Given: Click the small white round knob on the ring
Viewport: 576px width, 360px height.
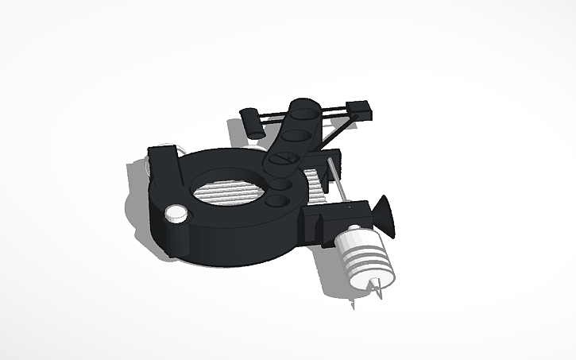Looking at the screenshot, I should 175,213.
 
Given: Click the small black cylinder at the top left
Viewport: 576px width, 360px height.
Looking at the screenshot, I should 252,122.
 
